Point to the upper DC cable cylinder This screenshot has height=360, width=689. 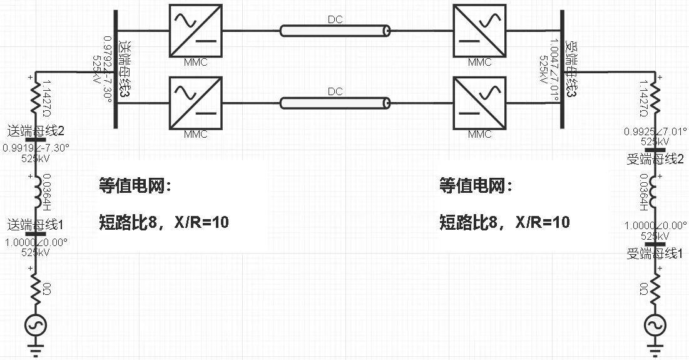pos(335,30)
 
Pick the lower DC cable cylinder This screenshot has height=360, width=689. pos(335,102)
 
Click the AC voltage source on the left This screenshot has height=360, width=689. pos(36,326)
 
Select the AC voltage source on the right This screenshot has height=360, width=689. pos(655,325)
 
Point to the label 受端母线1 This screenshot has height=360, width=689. pos(655,254)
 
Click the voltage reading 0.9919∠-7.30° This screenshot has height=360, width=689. pos(36,148)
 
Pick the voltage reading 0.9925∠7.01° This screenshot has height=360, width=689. pos(655,132)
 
